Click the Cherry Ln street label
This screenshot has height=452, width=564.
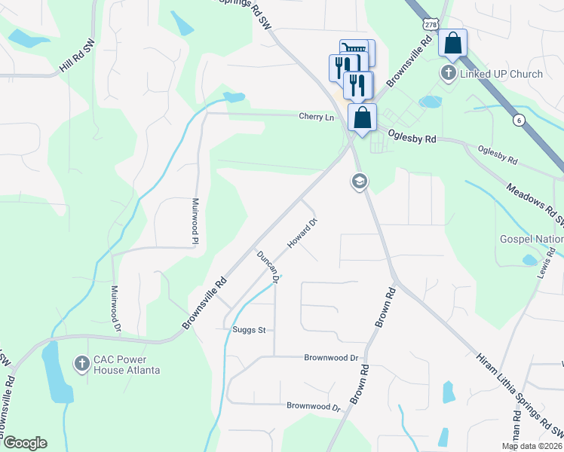[x=316, y=117]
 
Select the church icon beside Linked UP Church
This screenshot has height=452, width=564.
[x=449, y=74]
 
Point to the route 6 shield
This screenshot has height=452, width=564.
[x=519, y=120]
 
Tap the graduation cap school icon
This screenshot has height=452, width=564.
[x=358, y=181]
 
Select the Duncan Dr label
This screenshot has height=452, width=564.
[x=268, y=267]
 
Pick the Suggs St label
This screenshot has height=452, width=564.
[x=253, y=330]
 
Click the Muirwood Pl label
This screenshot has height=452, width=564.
[x=195, y=221]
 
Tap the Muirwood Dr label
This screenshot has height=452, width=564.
[x=115, y=308]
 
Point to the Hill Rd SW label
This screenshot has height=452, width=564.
[x=79, y=59]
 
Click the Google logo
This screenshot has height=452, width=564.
[x=24, y=443]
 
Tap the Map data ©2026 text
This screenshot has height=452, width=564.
[x=532, y=447]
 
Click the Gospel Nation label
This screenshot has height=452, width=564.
[x=532, y=240]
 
